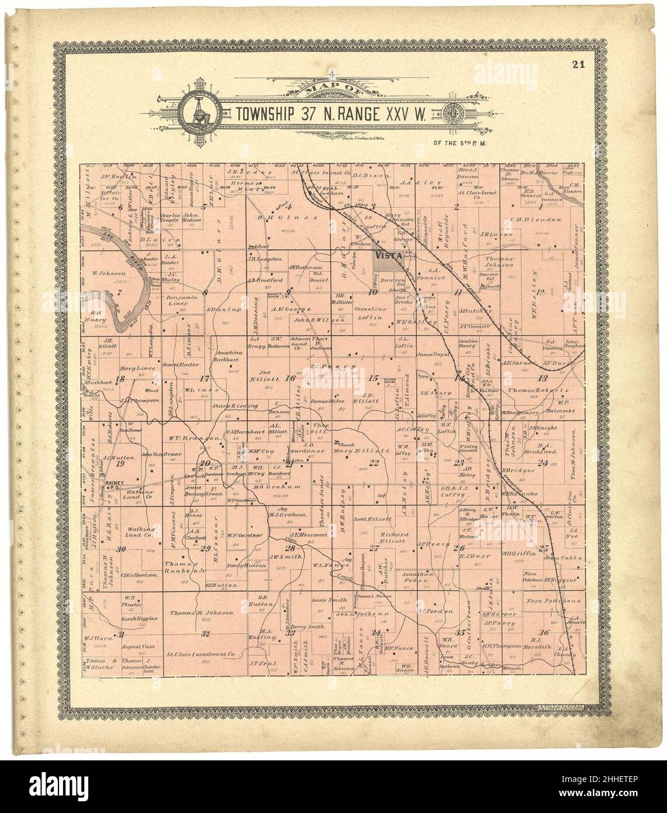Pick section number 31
(x=121, y=635)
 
